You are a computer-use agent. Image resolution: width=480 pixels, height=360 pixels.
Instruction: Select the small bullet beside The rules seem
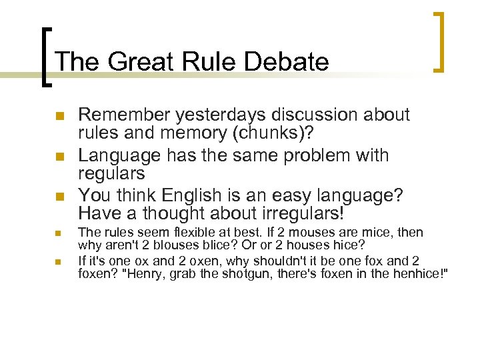click(x=59, y=234)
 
